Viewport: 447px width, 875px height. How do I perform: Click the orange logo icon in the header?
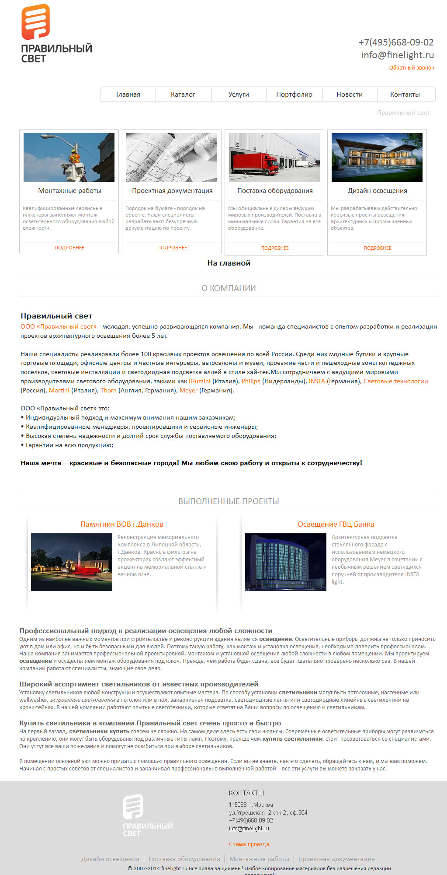[35, 22]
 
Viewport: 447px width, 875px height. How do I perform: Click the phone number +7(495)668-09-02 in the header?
[396, 42]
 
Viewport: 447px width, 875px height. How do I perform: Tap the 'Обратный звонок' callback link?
[412, 68]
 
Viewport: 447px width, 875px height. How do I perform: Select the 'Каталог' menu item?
[183, 94]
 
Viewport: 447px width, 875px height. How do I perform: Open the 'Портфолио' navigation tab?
[294, 94]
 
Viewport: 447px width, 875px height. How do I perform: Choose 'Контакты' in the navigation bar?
[405, 94]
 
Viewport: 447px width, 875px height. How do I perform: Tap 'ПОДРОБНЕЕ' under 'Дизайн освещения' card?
[378, 248]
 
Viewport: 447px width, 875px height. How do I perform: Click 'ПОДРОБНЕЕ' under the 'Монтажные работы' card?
[69, 248]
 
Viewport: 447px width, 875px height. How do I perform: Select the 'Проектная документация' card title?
[172, 191]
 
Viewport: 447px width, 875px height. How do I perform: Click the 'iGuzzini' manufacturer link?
[199, 381]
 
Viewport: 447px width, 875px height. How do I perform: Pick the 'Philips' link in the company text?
[251, 381]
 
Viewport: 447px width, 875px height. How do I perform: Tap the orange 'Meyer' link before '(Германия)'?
[188, 390]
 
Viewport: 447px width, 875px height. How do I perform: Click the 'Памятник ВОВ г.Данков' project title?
[121, 524]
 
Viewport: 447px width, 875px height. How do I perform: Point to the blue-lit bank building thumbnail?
[285, 562]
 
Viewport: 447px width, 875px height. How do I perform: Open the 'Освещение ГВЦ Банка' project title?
[336, 524]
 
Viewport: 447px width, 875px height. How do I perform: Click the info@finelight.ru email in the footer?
[249, 828]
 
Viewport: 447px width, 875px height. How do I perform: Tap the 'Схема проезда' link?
[249, 844]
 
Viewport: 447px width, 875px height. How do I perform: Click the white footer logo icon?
[133, 806]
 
